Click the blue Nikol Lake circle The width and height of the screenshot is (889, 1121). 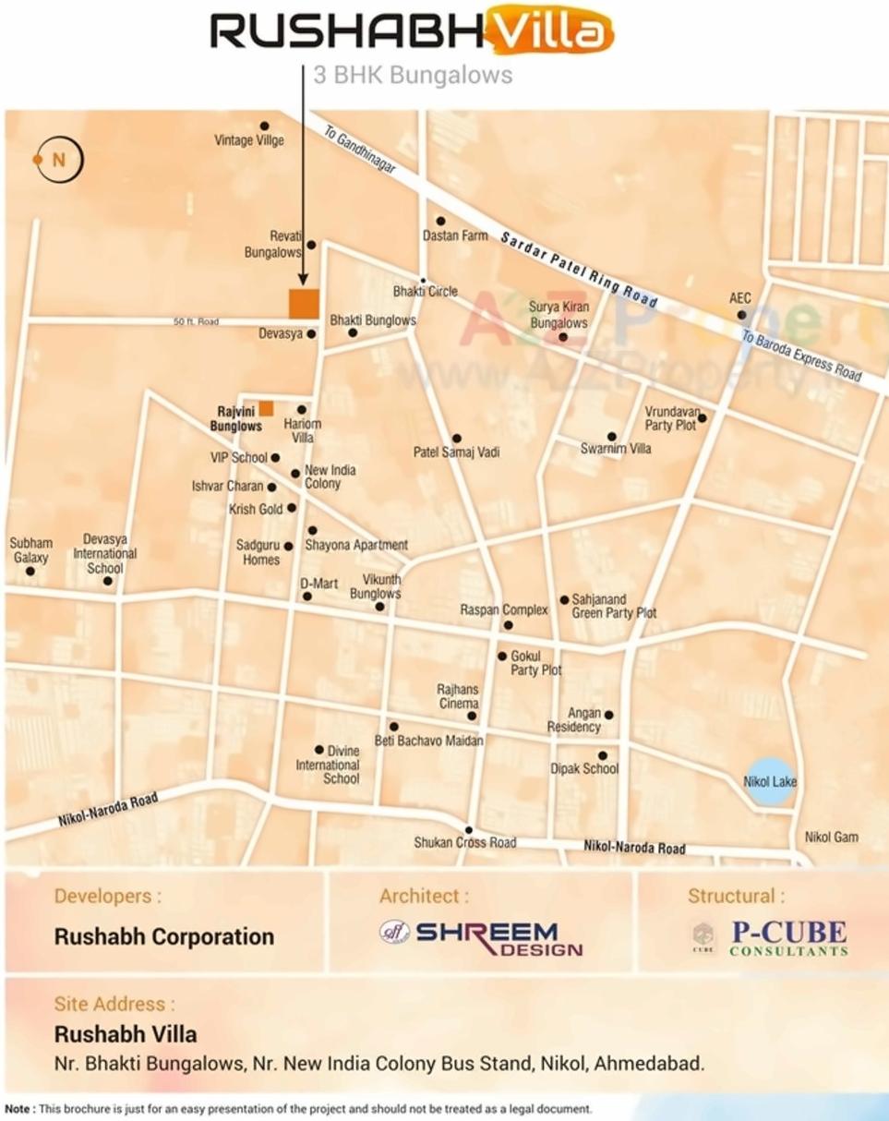click(x=770, y=781)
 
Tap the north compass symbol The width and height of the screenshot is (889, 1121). click(x=58, y=160)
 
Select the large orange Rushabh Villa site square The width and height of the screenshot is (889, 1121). click(x=304, y=304)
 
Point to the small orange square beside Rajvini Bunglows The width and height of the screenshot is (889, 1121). click(x=266, y=408)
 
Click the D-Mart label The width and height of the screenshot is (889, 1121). click(x=318, y=584)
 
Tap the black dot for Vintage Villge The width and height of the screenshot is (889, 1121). click(x=264, y=126)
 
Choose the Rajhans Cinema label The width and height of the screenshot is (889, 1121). click(x=458, y=696)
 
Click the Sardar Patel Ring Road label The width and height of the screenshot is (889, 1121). click(x=579, y=270)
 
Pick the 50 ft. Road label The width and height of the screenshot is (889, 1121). click(x=197, y=321)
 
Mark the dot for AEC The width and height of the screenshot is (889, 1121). click(x=741, y=315)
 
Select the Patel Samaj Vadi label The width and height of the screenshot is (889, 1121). click(x=456, y=452)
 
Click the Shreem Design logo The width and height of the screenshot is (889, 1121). click(x=481, y=936)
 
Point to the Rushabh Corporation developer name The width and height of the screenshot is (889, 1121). click(x=164, y=936)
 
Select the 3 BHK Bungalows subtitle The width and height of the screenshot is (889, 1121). click(x=413, y=75)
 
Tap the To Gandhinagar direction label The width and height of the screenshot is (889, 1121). click(x=360, y=149)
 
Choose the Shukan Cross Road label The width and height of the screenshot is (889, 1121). click(x=464, y=842)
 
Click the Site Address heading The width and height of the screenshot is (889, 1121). click(x=114, y=1004)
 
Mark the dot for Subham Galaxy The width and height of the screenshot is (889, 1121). click(x=30, y=572)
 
